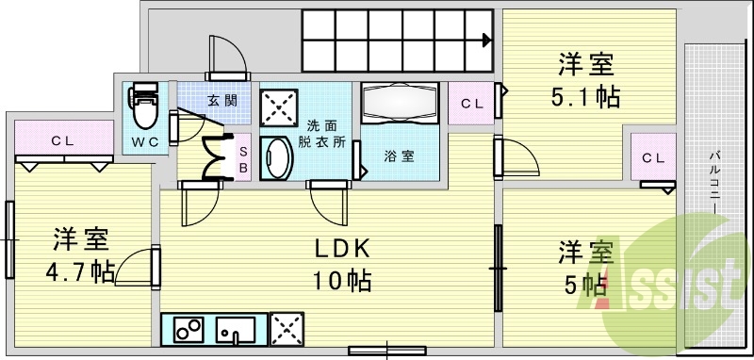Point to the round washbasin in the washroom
pos(275,159)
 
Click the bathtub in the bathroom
pos(400,102)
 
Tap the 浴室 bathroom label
pos(397,155)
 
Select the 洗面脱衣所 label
pos(321,133)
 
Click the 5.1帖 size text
pos(584,96)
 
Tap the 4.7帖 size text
pos(80,271)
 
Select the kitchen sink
pos(235,329)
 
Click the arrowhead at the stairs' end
pos(484,40)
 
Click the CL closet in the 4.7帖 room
pos(62,141)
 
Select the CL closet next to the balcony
pos(653,157)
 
